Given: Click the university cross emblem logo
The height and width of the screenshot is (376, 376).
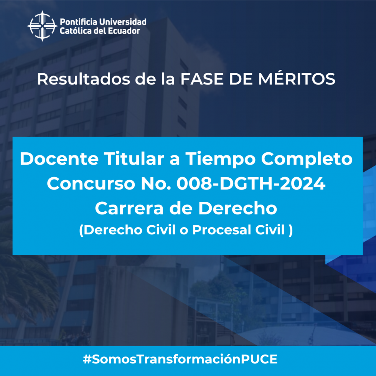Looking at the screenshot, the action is point(43,26).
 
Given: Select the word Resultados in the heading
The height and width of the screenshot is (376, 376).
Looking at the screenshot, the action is point(84,79).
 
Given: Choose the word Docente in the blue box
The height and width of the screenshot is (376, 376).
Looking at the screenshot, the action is point(59,159).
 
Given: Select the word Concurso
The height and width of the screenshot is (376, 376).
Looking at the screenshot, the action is point(91,183).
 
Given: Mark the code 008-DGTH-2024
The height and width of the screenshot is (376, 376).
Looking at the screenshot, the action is point(251,183).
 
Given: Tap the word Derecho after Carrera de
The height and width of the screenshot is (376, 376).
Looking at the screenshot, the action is point(237,208).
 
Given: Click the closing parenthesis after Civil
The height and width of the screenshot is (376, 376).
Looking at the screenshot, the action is point(291,230).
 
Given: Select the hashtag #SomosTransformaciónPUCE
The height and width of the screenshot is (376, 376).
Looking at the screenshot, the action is point(180,359).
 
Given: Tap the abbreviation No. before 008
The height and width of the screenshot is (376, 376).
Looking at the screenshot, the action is point(156,183).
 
